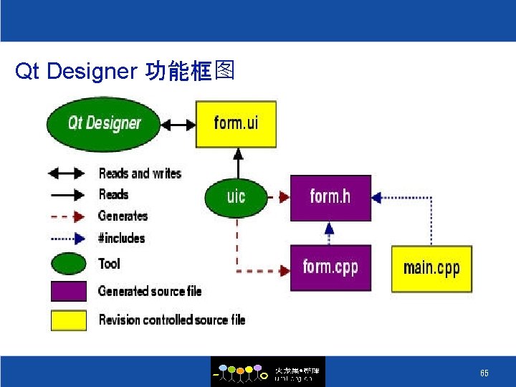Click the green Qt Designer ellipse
[x=104, y=123]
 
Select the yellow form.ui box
[x=236, y=123]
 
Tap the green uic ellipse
[x=236, y=196]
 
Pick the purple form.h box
[x=330, y=197]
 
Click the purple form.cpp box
[x=330, y=267]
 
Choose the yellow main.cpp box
[x=431, y=268]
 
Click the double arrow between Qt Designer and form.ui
[x=178, y=124]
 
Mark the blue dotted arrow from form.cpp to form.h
[x=330, y=232]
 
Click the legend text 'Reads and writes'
[x=140, y=173]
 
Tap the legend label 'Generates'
[x=123, y=216]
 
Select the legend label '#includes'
[x=122, y=238]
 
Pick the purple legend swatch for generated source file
[x=69, y=290]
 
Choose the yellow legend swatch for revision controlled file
[x=69, y=320]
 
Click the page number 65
[x=484, y=373]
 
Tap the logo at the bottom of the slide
[x=267, y=372]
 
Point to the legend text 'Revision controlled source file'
[x=172, y=320]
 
